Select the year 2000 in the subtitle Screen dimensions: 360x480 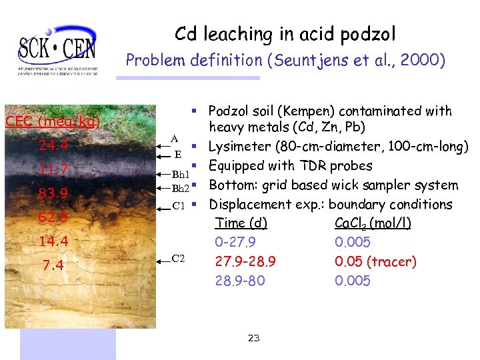click(x=424, y=61)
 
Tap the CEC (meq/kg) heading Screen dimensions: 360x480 click(x=53, y=122)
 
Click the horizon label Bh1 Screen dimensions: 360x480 click(x=181, y=174)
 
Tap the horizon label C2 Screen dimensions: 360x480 click(x=179, y=258)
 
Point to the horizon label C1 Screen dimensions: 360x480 click(x=179, y=206)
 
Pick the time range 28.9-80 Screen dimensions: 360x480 click(x=240, y=281)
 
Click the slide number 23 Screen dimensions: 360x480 click(x=253, y=338)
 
